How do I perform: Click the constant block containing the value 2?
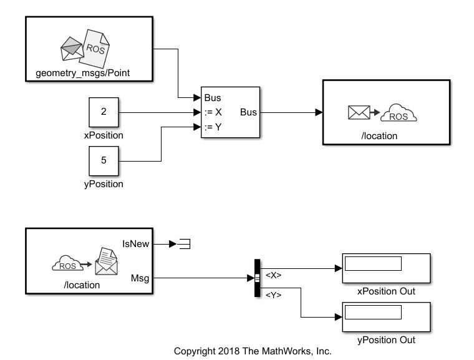point(104,112)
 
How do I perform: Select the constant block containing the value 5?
point(104,160)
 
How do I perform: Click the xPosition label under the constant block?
point(104,135)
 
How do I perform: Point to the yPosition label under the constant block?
point(104,184)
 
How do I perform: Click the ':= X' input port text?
point(213,113)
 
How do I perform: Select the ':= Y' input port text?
point(213,127)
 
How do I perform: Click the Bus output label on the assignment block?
point(248,113)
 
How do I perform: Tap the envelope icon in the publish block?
point(359,113)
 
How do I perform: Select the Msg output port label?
point(140,278)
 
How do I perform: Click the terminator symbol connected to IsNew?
point(185,244)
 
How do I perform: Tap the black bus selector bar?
point(257,278)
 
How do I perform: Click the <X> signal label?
point(274,275)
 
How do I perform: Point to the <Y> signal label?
point(274,295)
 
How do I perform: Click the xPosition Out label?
point(386,291)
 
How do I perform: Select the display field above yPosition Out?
point(373,311)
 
